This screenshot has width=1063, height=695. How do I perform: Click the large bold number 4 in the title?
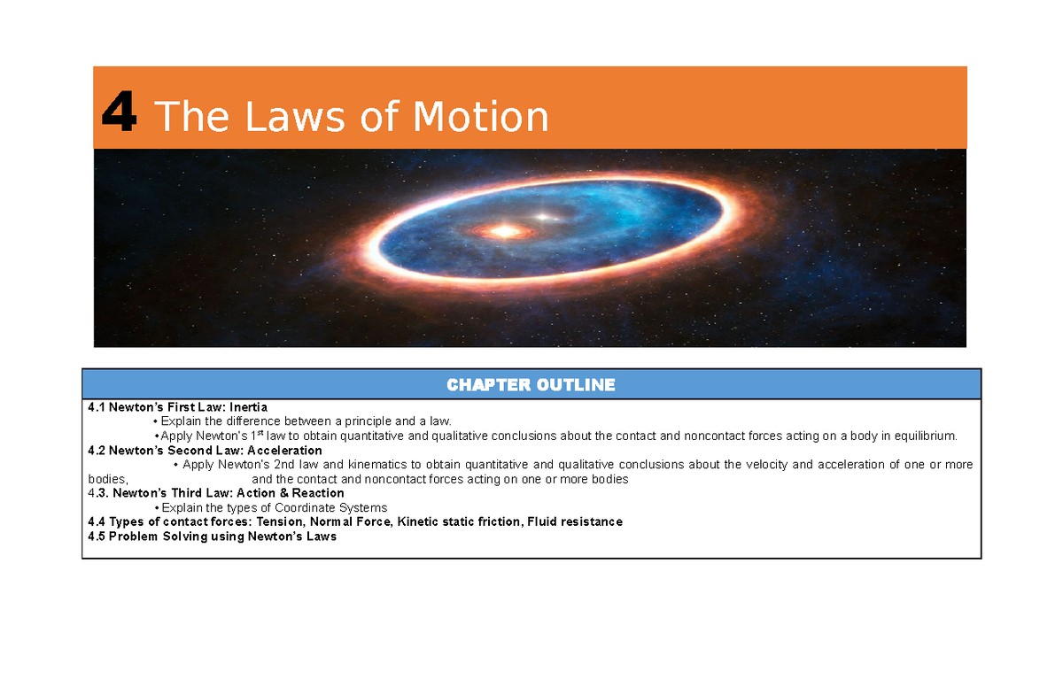pyautogui.click(x=119, y=116)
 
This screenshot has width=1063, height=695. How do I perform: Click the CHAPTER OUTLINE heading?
pyautogui.click(x=531, y=384)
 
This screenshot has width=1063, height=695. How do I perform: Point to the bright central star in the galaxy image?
pyautogui.click(x=505, y=231)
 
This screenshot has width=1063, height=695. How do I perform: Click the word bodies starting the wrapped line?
pyautogui.click(x=106, y=479)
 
